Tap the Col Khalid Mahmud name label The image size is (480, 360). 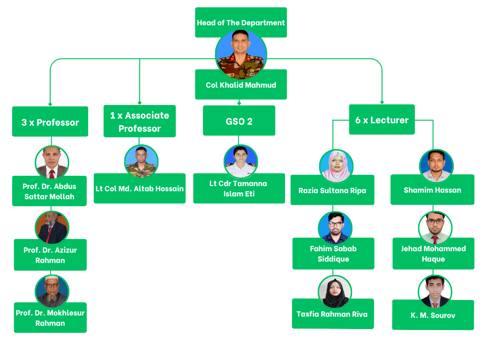[x=240, y=85]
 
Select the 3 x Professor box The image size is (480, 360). [x=50, y=122]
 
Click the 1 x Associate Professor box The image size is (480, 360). [x=139, y=122]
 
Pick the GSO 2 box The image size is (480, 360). [x=239, y=121]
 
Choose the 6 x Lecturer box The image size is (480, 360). [x=382, y=120]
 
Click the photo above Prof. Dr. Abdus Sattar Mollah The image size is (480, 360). [x=52, y=162]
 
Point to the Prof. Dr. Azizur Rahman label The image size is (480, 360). [x=50, y=255]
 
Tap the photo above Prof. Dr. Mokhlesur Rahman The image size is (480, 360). [x=52, y=291]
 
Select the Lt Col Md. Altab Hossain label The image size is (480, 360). [x=140, y=188]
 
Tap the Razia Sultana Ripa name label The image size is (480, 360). [x=332, y=191]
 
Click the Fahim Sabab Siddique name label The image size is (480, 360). [x=333, y=254]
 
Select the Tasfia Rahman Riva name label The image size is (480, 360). [x=332, y=315]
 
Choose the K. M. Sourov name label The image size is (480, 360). [x=433, y=315]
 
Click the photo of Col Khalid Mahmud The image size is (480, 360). [x=241, y=54]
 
